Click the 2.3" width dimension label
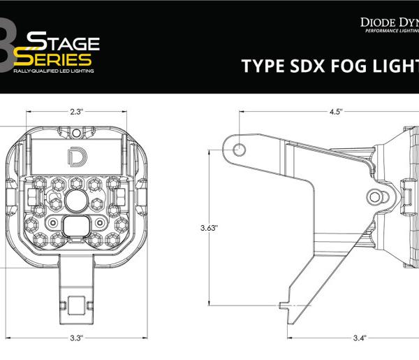coord(77,110)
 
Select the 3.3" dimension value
coord(77,338)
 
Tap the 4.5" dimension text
coord(337,110)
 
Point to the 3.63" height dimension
coord(209,228)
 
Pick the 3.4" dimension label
coord(360,338)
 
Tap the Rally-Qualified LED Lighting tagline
coord(54,71)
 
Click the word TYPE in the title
coord(260,66)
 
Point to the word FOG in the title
coord(343,66)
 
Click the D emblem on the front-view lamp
coord(73,157)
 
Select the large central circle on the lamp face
coord(75,202)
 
